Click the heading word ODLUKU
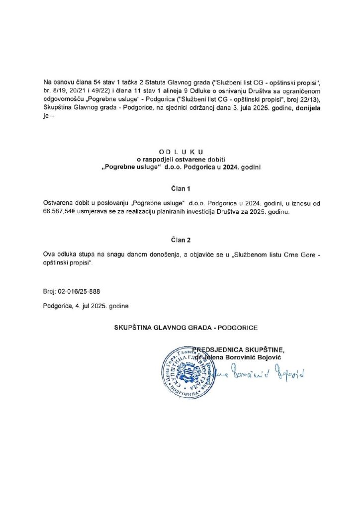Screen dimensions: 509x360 click(x=180, y=151)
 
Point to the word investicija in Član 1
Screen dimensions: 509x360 click(x=226, y=212)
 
